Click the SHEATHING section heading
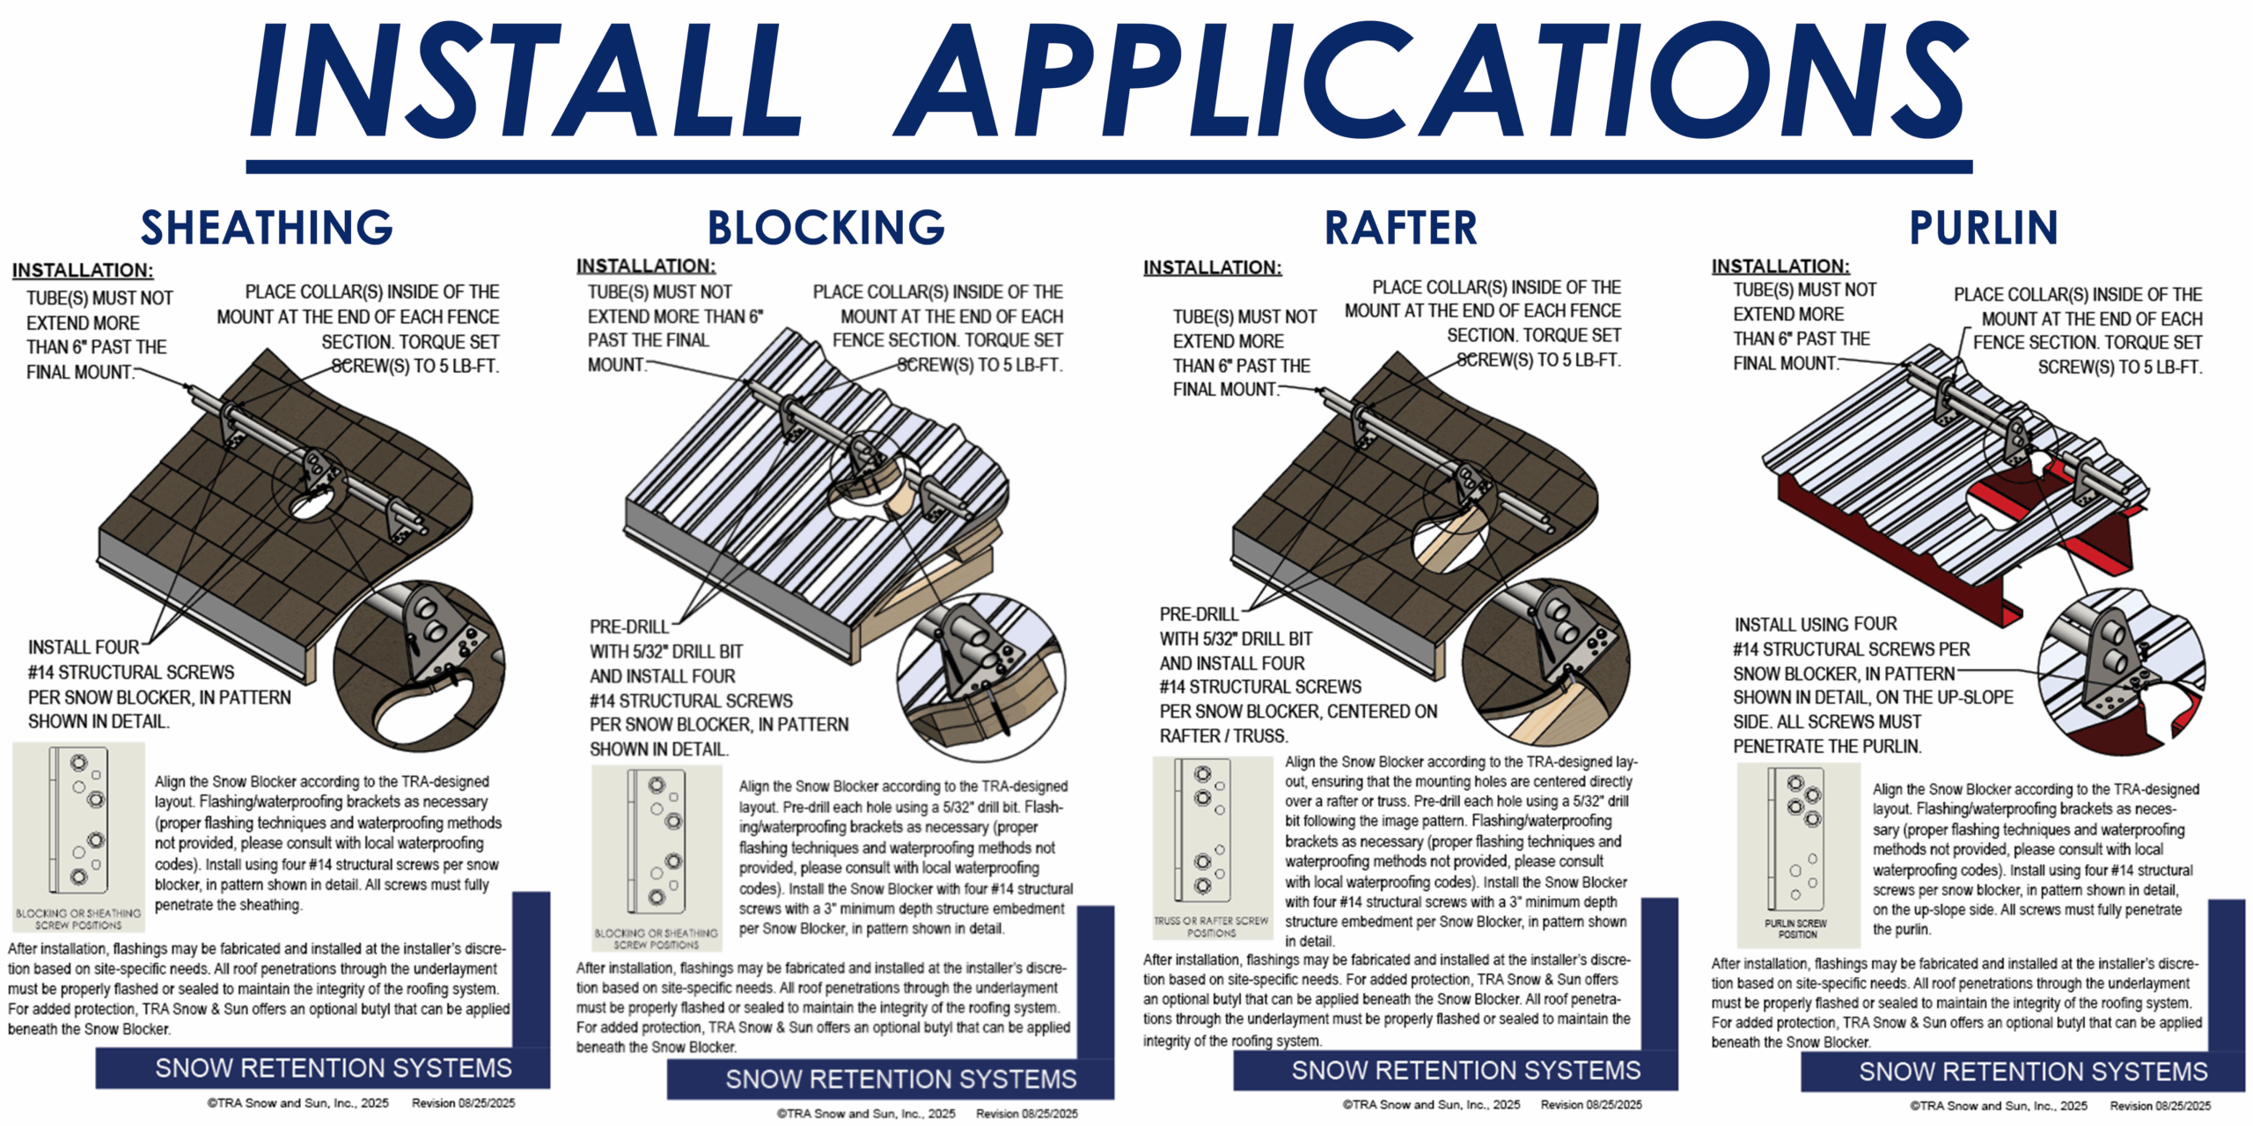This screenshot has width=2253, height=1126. pos(267,227)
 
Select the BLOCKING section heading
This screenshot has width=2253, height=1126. pos(826,227)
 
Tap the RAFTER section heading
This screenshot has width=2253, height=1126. pos(1400,227)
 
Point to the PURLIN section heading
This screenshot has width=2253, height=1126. pos(1983,227)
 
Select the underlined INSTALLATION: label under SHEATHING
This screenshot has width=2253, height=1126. pos(83,270)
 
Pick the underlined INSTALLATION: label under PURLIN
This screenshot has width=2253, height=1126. pos(1780,266)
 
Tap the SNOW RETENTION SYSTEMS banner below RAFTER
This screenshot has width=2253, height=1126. pos(1465,1070)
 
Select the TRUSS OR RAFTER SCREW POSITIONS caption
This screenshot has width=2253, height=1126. pos(1211,926)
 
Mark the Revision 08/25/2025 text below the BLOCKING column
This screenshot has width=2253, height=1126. pos(1026,1114)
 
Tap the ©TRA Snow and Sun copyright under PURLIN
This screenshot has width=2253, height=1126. pos(1998,1106)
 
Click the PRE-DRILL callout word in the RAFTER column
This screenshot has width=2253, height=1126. pos(1199,614)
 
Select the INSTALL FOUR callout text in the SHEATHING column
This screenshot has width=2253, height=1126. pos(84,647)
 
